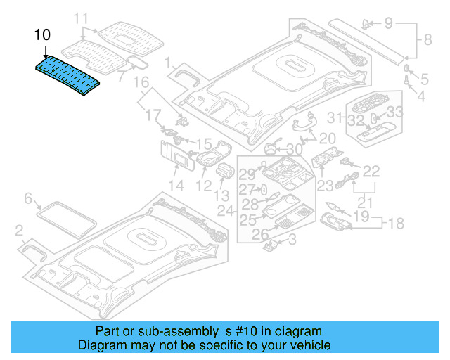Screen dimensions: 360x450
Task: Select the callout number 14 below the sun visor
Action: coord(176,186)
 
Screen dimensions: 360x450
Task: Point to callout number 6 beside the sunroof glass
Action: coord(29,198)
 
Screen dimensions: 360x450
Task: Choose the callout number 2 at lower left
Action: coord(20,230)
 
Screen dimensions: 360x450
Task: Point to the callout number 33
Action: coord(395,111)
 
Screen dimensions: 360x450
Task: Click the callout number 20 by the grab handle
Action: coord(327,138)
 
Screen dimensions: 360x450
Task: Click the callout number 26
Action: coord(260,233)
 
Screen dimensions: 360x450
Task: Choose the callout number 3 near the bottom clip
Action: coord(292,242)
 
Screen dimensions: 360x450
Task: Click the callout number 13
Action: coord(221,195)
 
